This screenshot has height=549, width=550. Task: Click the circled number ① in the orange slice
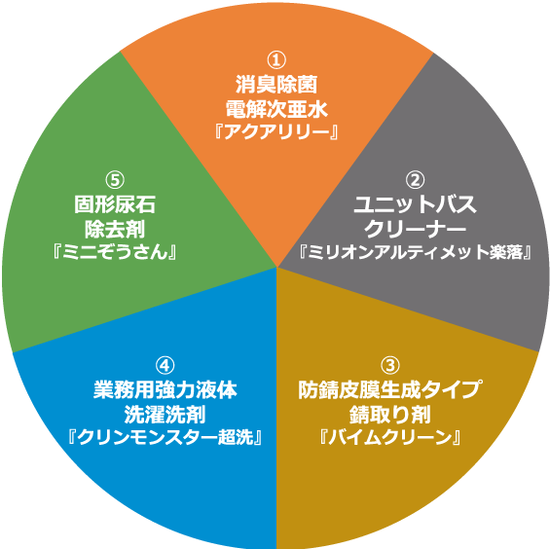tap(276, 60)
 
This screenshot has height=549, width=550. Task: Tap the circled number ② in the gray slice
tap(415, 180)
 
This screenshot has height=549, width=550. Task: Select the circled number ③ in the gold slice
tap(390, 365)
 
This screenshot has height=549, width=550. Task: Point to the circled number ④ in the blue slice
tap(165, 365)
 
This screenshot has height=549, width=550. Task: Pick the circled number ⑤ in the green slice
tap(115, 180)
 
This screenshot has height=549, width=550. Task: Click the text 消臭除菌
tap(276, 85)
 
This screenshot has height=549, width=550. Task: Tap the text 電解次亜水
tap(276, 109)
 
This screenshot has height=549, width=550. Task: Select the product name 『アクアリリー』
tap(276, 132)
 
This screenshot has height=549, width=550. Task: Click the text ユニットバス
tap(415, 204)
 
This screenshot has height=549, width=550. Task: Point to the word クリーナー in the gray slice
tap(415, 229)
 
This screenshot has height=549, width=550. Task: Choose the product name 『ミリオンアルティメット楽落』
tap(415, 252)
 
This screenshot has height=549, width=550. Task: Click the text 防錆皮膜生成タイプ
tap(390, 389)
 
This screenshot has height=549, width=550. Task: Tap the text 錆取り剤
tap(390, 415)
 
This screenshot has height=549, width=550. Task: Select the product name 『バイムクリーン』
tap(390, 437)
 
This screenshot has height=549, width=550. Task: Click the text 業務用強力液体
tap(165, 389)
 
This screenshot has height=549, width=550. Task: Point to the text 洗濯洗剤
tap(165, 415)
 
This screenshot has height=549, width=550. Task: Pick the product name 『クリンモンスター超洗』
tap(165, 437)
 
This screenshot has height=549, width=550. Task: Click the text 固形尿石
tap(115, 204)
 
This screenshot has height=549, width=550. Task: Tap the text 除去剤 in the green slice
tap(115, 229)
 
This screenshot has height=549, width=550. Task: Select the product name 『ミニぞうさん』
tap(115, 252)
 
